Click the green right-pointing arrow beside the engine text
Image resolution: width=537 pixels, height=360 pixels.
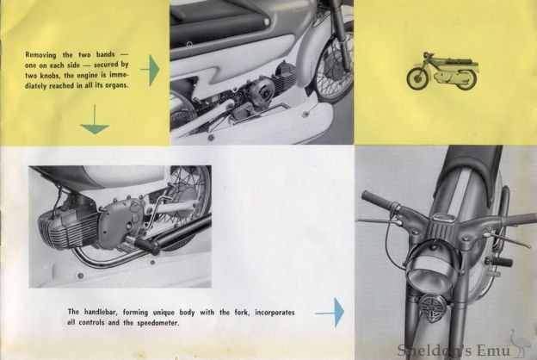click(151, 70)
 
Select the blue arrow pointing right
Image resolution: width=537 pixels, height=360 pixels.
click(330, 313)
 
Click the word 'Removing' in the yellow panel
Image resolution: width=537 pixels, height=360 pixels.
click(40, 54)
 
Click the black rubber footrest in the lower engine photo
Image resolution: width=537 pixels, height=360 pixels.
click(146, 245)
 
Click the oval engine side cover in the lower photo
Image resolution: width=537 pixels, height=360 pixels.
click(120, 220)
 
